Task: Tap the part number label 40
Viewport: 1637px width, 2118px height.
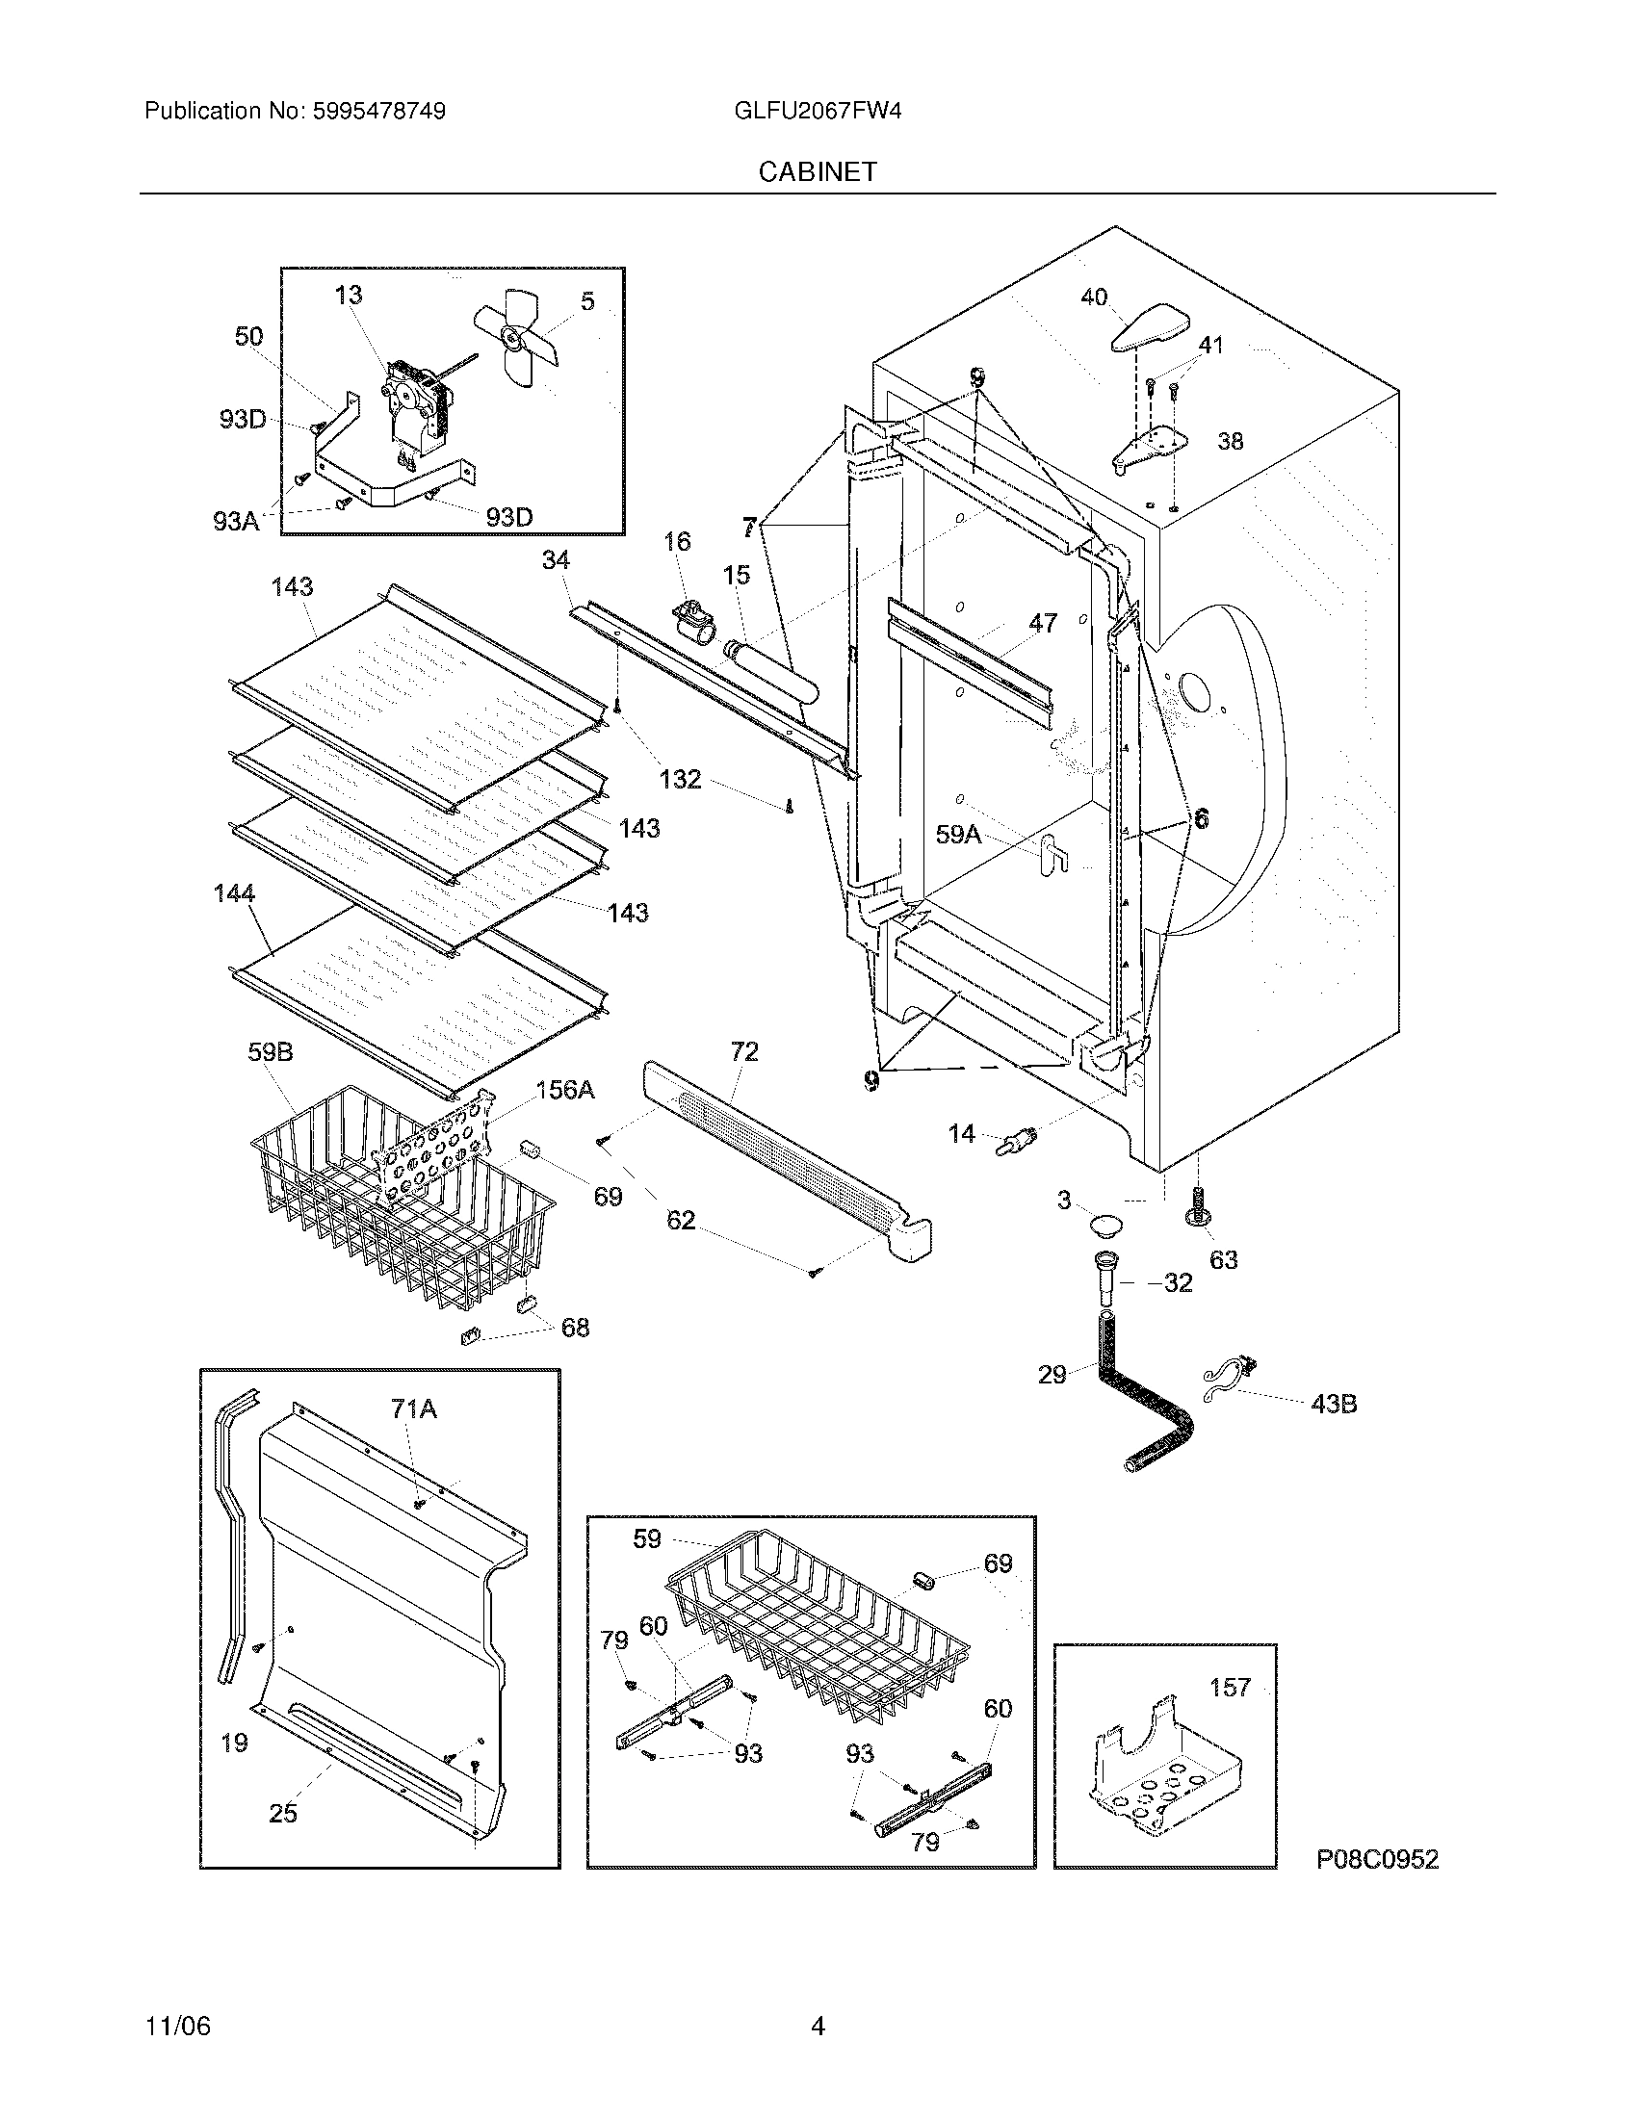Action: tap(1093, 297)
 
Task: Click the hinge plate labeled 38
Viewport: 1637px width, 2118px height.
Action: tap(1150, 449)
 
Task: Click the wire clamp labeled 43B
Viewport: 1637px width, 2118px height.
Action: tap(1227, 1380)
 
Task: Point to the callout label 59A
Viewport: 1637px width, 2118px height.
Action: tap(958, 834)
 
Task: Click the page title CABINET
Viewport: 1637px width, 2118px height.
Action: tap(818, 171)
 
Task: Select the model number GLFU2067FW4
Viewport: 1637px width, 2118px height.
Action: tap(818, 111)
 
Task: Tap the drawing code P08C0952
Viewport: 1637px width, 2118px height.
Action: tap(1377, 1859)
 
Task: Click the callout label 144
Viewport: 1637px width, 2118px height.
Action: tap(234, 893)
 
